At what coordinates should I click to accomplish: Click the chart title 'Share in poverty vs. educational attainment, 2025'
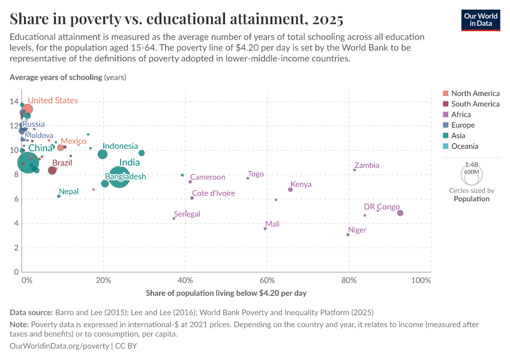176,19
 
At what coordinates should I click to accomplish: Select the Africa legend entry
461,115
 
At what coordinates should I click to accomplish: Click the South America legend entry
475,104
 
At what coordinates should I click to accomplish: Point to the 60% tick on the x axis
267,281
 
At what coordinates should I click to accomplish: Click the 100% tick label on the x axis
421,281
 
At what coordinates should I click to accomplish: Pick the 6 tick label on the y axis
16,199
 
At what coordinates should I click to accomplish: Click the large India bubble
120,176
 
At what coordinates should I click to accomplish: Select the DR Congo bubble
400,213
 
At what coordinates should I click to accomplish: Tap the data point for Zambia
355,170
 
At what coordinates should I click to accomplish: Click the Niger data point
348,235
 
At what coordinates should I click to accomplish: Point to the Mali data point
265,229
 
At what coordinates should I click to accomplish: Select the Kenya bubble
290,190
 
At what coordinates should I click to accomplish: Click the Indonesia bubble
103,154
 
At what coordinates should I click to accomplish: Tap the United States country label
53,101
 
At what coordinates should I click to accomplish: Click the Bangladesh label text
125,177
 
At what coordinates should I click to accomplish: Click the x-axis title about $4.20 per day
226,293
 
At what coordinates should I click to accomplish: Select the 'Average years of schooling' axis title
56,77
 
